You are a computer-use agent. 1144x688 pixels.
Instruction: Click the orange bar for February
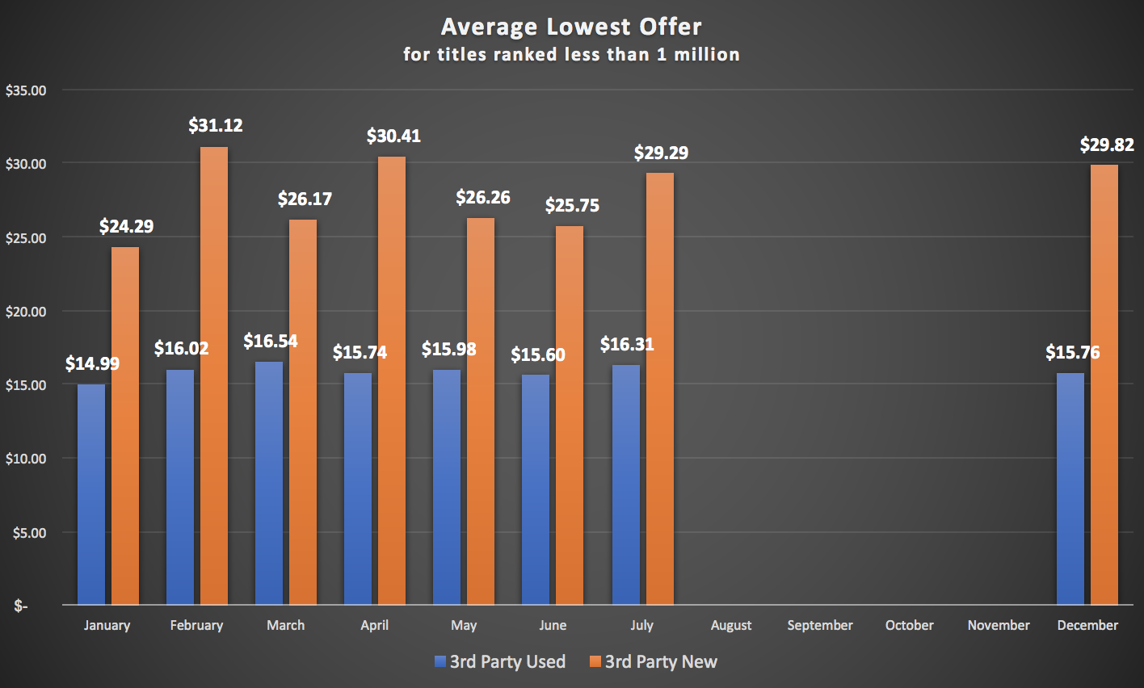pyautogui.click(x=214, y=375)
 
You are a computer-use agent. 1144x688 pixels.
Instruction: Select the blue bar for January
pyautogui.click(x=91, y=493)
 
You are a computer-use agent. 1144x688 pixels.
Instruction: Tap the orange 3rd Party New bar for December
pyautogui.click(x=1104, y=384)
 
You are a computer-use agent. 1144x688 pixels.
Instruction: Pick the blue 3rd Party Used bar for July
pyautogui.click(x=626, y=485)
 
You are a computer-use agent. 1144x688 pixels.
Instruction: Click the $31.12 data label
pyautogui.click(x=216, y=125)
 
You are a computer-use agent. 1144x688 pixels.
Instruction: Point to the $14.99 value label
pyautogui.click(x=92, y=363)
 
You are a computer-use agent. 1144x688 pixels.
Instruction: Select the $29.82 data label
pyautogui.click(x=1107, y=145)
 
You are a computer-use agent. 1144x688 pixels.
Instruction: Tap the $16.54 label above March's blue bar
pyautogui.click(x=271, y=341)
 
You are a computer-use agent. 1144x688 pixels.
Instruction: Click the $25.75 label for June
pyautogui.click(x=572, y=205)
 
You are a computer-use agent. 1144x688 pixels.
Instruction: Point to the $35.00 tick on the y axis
pyautogui.click(x=26, y=90)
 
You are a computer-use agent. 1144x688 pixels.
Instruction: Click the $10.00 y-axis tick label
pyautogui.click(x=26, y=459)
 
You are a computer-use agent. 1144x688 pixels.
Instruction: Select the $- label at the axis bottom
pyautogui.click(x=20, y=606)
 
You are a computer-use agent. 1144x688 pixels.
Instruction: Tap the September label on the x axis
pyautogui.click(x=820, y=625)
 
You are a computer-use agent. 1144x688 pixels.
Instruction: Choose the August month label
pyautogui.click(x=731, y=625)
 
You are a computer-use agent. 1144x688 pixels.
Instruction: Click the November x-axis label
pyautogui.click(x=999, y=625)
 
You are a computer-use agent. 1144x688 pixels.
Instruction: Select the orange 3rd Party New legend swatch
pyautogui.click(x=595, y=662)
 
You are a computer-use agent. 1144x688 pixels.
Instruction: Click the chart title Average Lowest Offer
pyautogui.click(x=571, y=27)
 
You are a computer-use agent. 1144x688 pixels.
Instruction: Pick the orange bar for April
pyautogui.click(x=392, y=380)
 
